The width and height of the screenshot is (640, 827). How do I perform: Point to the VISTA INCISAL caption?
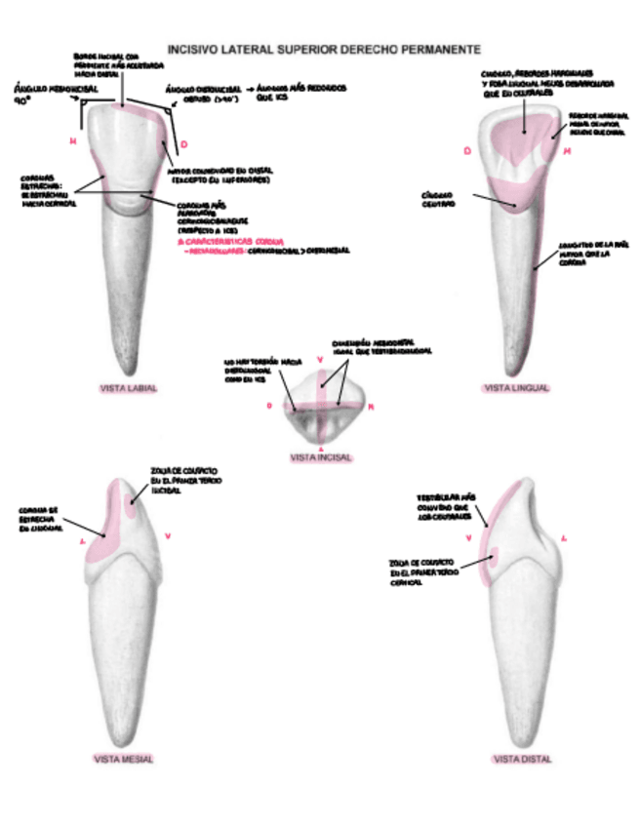coord(321,456)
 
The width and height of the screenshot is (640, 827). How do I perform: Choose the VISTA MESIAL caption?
coord(124,758)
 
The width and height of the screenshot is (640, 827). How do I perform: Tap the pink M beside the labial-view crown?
coord(73,141)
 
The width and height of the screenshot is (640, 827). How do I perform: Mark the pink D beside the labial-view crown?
coord(182,145)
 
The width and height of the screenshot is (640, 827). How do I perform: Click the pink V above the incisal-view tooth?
coord(321,360)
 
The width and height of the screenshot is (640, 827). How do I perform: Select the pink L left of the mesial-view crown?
coord(82,535)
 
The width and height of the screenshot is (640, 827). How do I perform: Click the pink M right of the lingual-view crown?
coord(567,152)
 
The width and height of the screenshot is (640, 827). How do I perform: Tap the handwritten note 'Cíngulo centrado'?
coord(440,199)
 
